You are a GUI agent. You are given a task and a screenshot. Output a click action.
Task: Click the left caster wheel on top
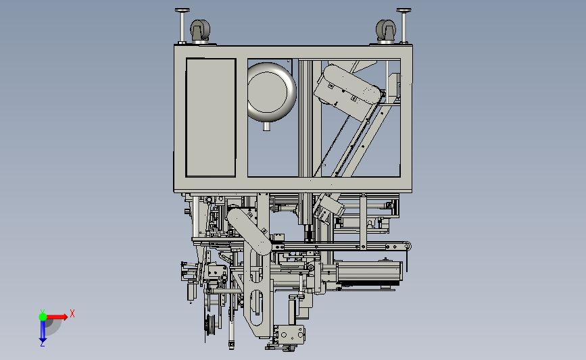200,30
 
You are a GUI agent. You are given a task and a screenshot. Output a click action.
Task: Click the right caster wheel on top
386,30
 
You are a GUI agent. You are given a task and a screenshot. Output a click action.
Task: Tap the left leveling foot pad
182,10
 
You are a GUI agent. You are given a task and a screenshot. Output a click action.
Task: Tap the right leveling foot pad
404,10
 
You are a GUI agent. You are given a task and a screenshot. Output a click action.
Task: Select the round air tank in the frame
272,92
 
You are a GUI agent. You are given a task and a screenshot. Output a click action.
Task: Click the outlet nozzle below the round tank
266,126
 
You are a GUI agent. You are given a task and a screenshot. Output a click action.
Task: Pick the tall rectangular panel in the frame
211,118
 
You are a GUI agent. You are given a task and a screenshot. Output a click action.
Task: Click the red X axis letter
72,313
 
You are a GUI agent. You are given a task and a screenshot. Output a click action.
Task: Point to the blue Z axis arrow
43,330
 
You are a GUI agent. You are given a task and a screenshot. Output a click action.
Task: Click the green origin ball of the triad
43,317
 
